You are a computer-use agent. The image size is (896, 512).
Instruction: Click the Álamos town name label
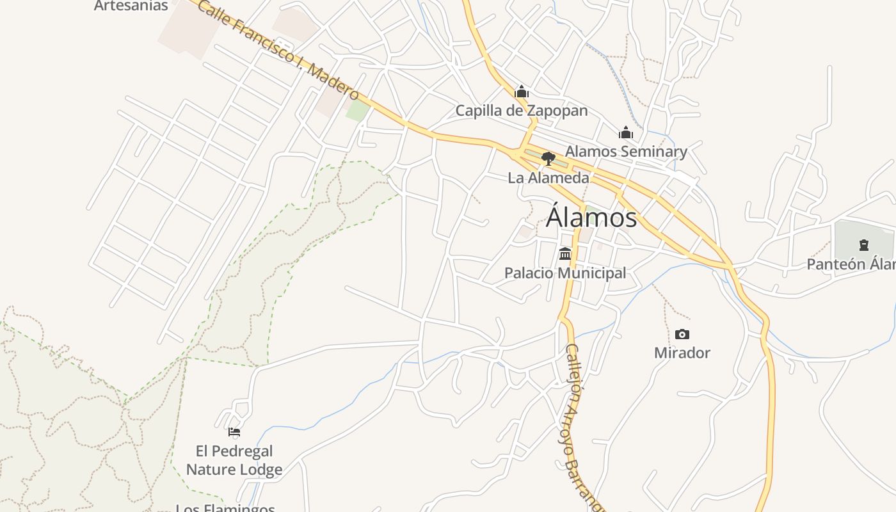[591, 218]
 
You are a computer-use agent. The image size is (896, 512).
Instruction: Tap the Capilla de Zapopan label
[521, 111]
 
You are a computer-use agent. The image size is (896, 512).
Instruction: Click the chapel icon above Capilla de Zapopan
[522, 92]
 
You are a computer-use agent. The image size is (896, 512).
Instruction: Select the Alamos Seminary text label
[626, 152]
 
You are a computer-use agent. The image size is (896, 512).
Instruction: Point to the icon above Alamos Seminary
[626, 132]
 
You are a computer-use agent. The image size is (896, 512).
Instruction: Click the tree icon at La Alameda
[548, 158]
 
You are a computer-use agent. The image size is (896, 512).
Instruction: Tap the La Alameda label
[548, 177]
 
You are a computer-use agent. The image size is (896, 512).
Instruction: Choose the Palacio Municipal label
[565, 273]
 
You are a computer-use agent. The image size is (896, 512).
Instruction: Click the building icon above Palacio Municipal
[565, 254]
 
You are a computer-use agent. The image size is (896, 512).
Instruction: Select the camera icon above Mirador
[682, 334]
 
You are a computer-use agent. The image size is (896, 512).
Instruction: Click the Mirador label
[682, 353]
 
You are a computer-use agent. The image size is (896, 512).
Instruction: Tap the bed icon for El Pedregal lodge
[234, 432]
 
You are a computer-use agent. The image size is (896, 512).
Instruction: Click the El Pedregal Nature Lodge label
[234, 460]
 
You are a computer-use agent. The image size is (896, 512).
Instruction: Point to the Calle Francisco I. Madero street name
[278, 49]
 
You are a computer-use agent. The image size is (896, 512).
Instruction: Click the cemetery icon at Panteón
[864, 244]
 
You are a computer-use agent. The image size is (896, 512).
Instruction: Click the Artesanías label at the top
[131, 6]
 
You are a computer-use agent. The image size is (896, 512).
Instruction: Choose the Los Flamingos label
[225, 508]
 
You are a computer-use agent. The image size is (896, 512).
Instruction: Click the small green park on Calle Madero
[358, 111]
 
